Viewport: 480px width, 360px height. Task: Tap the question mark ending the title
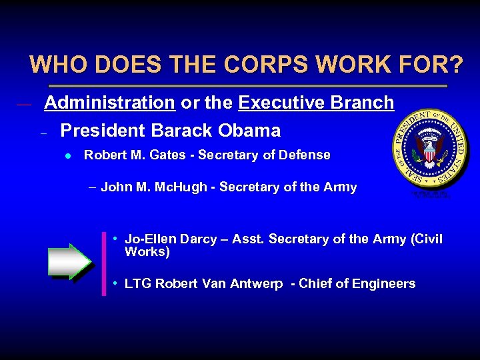click(455, 65)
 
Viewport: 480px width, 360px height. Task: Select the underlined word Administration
click(109, 103)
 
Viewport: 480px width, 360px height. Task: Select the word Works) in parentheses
click(147, 252)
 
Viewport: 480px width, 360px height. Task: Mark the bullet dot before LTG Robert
click(116, 283)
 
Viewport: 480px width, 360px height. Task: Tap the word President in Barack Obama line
click(103, 130)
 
